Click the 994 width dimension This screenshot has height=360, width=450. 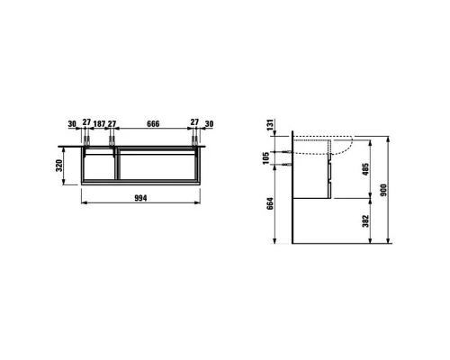pos(140,198)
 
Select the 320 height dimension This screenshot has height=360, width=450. pos(59,166)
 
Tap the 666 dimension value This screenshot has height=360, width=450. pos(153,123)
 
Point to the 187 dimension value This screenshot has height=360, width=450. pos(99,123)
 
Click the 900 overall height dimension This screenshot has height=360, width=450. pos(383,190)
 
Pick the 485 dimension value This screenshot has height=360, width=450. pos(365,169)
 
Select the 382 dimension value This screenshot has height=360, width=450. pos(365,220)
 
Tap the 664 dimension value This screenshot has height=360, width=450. pos(270,203)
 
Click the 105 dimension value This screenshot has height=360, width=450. pos(266,158)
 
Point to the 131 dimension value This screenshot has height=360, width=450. pos(271,125)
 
